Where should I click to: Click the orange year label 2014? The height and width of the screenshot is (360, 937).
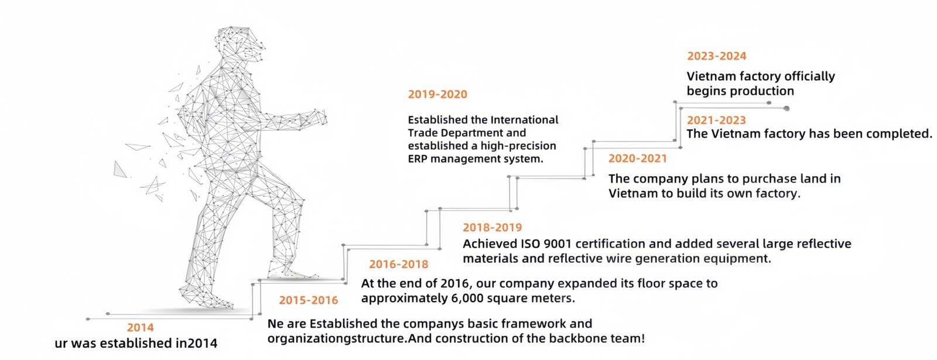(140, 328)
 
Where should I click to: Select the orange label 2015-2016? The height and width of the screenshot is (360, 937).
(308, 300)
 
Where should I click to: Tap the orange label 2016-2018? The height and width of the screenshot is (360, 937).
(398, 264)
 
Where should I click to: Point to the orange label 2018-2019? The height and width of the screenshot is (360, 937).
(492, 227)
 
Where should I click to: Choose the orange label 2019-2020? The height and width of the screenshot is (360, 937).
(437, 94)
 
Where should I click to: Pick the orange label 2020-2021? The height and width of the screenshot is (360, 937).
(637, 158)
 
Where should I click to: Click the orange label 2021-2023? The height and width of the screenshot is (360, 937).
(716, 120)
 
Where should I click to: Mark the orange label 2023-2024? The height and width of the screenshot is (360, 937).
(716, 56)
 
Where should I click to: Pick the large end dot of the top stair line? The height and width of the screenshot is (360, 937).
(786, 108)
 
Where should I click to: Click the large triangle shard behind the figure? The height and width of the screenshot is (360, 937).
(120, 170)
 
